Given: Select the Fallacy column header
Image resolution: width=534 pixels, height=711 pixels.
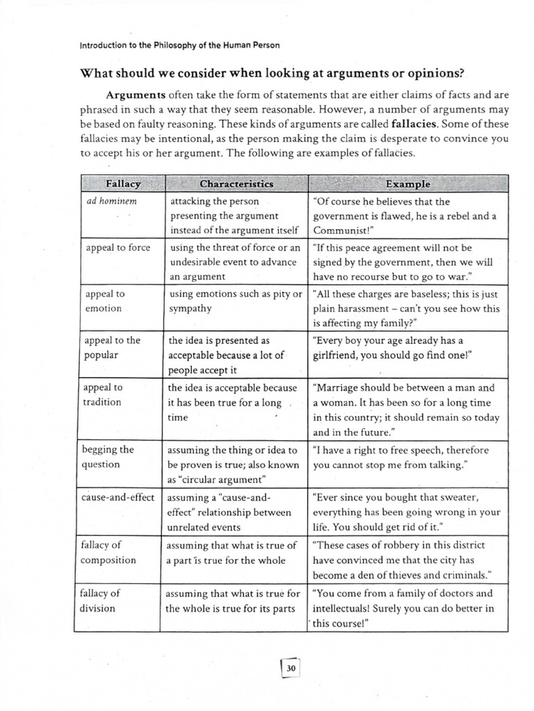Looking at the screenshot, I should pos(122,184).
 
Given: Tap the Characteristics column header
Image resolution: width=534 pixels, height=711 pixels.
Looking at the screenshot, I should pos(236,184).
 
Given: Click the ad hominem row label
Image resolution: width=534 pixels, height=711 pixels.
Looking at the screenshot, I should pos(105,201).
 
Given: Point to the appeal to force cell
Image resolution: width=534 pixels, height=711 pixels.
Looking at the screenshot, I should pos(117,247).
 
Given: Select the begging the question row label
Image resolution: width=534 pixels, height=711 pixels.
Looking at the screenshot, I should pos(108,457).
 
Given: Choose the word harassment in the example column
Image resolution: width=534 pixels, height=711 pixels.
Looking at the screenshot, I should pos(366,308).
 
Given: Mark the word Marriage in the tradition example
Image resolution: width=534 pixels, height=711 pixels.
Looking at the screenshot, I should pos(343,388).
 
